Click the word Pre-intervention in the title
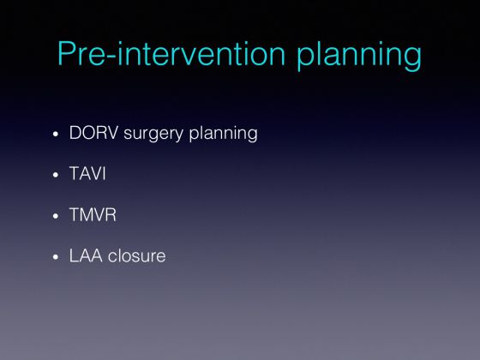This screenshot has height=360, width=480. point(171,53)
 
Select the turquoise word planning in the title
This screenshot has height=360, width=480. point(359,56)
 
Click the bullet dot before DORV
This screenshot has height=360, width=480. point(56,134)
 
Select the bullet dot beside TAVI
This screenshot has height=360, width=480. point(56,175)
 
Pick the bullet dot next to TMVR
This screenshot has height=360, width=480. point(56,216)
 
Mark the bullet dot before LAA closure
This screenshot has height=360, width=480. point(56,257)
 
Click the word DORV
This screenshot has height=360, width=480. point(93,133)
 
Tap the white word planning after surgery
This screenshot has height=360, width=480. point(223,135)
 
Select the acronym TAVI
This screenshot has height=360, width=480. point(87,173)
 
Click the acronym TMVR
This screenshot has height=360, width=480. point(93,214)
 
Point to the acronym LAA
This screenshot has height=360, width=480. point(86,255)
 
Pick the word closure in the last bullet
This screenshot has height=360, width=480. point(136,255)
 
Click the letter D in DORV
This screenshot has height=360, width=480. point(75,133)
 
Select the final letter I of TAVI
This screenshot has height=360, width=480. point(104,173)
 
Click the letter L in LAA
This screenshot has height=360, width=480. point(74,255)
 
